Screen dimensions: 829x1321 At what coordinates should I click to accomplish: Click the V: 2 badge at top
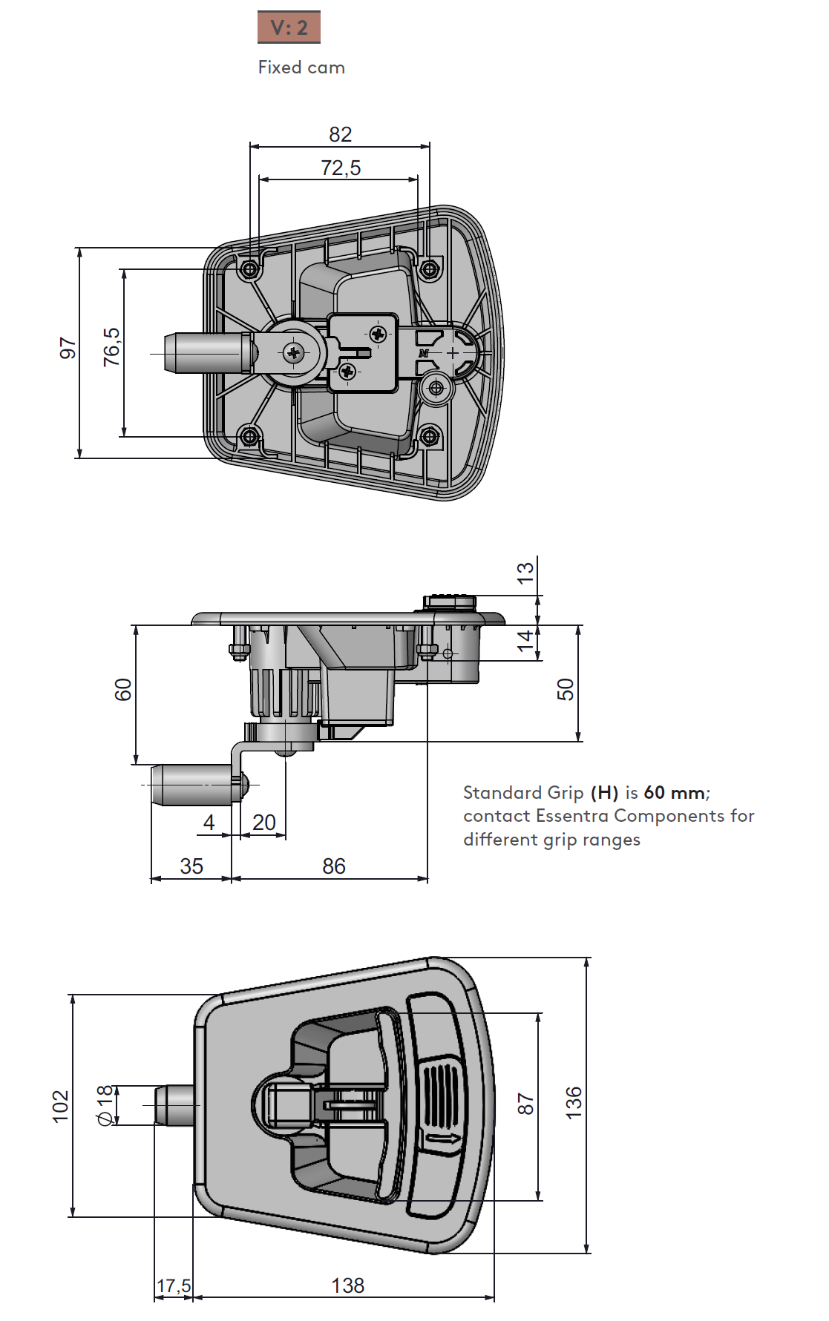(289, 27)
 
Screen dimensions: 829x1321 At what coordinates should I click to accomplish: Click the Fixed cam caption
(301, 67)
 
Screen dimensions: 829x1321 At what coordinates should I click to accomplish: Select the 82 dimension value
(341, 134)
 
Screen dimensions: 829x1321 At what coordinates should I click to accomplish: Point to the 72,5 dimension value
(341, 168)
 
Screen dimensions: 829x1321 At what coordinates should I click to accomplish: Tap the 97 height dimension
(68, 349)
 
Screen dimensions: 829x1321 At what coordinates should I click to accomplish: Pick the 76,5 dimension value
(111, 347)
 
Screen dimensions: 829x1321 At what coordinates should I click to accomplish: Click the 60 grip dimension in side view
(123, 690)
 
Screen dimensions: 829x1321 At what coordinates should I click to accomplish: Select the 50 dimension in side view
(566, 690)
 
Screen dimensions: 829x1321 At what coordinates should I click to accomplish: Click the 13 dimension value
(525, 573)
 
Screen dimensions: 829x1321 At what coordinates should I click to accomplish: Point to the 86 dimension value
(334, 866)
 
